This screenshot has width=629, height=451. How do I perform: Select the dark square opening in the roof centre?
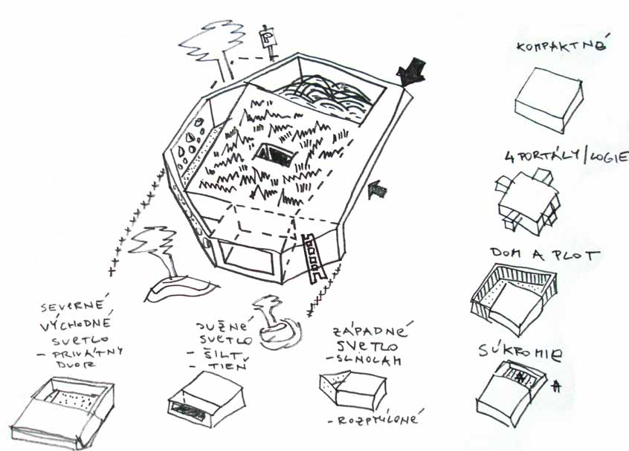click(274, 155)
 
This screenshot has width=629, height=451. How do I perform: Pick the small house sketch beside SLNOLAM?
click(352, 386)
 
